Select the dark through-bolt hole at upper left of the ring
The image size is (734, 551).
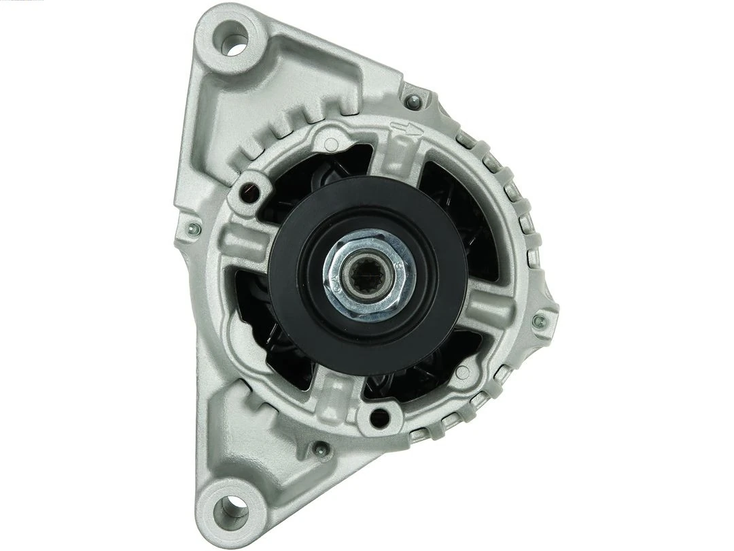pyautogui.click(x=251, y=183)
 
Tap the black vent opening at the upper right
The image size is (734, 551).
pyautogui.click(x=455, y=197)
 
